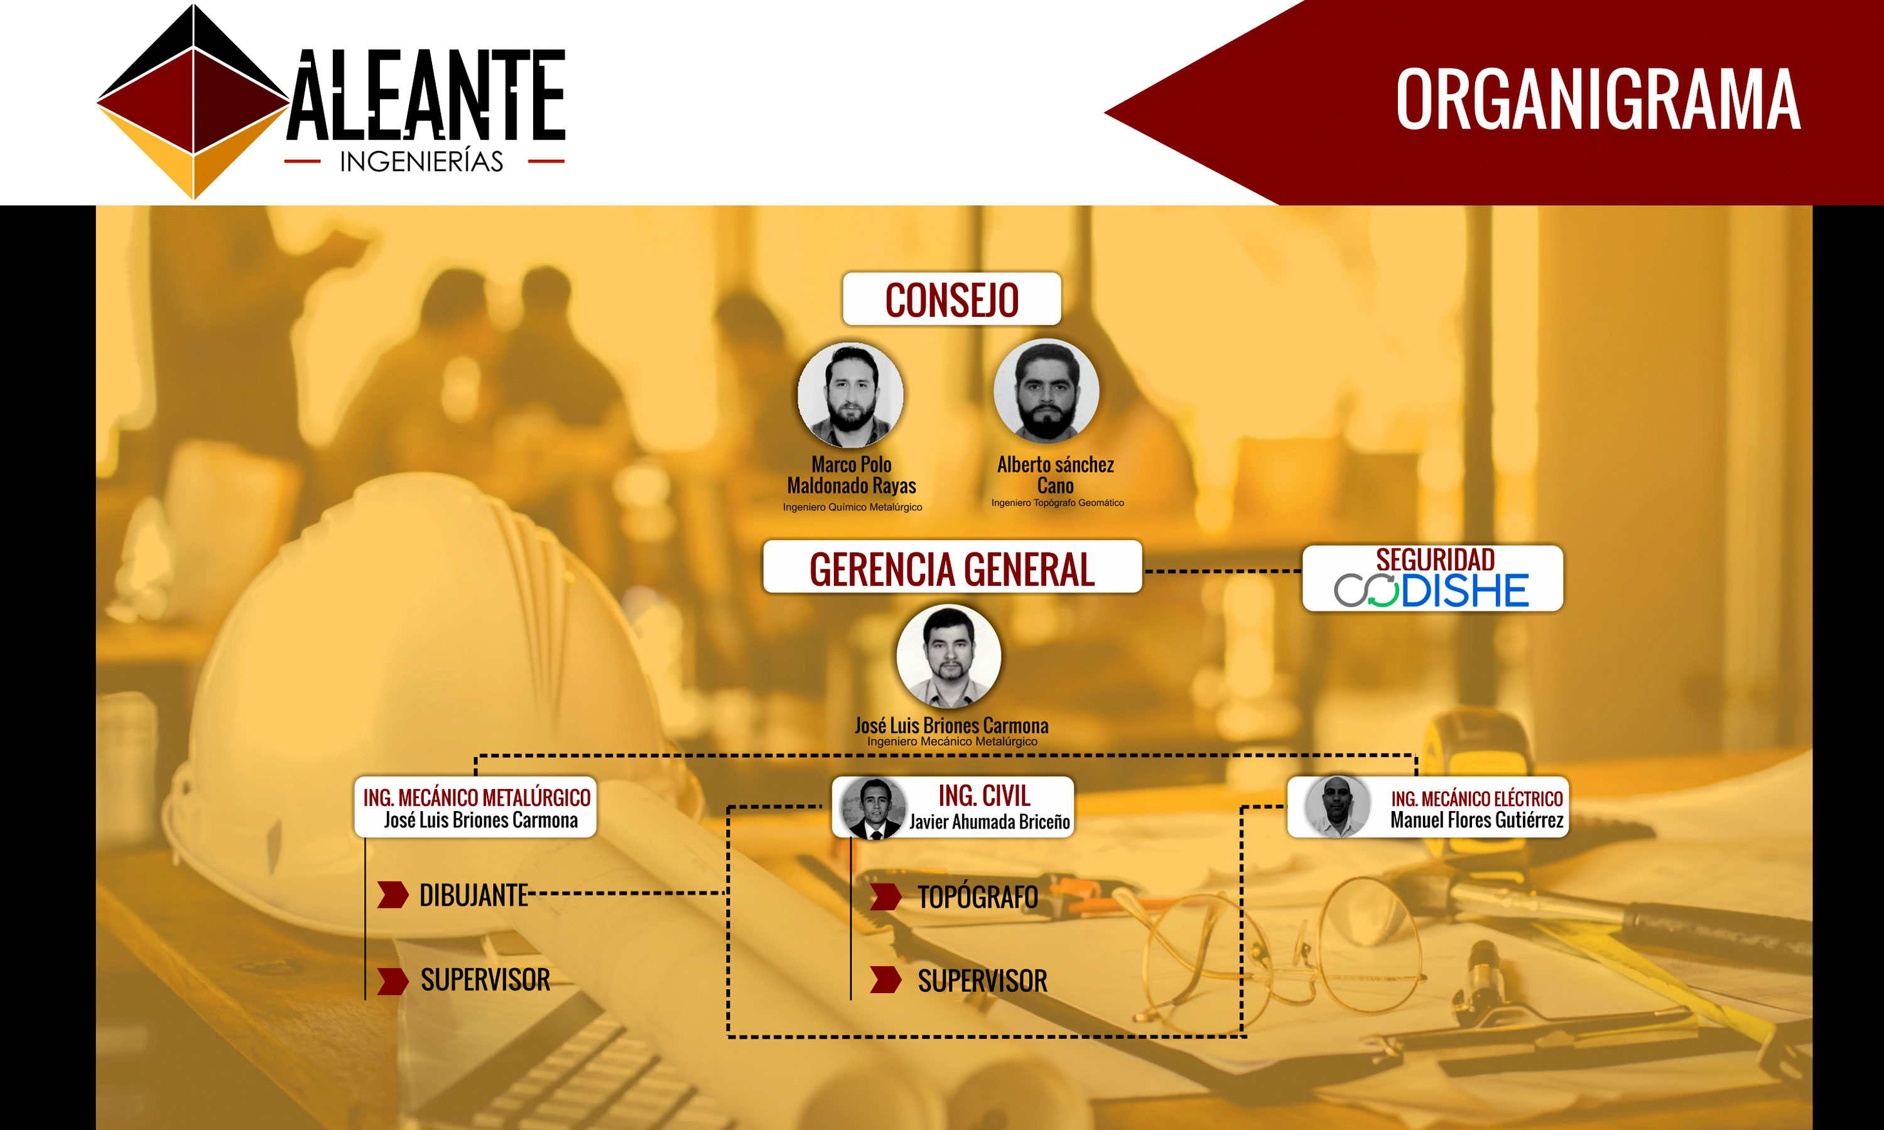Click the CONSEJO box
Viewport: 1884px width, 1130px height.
[951, 298]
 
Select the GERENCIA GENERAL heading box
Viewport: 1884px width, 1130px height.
[952, 566]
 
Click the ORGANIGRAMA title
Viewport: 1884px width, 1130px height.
[1598, 99]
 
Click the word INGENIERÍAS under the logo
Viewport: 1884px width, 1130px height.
[421, 161]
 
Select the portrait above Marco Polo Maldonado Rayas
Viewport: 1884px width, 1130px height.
[850, 394]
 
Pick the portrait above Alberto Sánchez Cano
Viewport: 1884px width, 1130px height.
[1046, 390]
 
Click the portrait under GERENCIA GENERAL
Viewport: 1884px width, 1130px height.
[949, 657]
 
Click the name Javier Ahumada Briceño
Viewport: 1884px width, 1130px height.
[989, 822]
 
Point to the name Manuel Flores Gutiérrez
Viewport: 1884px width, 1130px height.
[1476, 820]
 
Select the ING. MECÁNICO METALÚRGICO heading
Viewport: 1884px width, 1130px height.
[477, 797]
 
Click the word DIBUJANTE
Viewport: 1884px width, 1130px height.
[474, 895]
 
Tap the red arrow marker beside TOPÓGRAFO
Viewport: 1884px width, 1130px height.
[885, 897]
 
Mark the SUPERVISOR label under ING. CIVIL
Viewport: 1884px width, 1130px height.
[982, 981]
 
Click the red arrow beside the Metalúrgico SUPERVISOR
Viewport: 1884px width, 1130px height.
[393, 981]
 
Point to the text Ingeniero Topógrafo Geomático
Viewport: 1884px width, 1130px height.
[1058, 503]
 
